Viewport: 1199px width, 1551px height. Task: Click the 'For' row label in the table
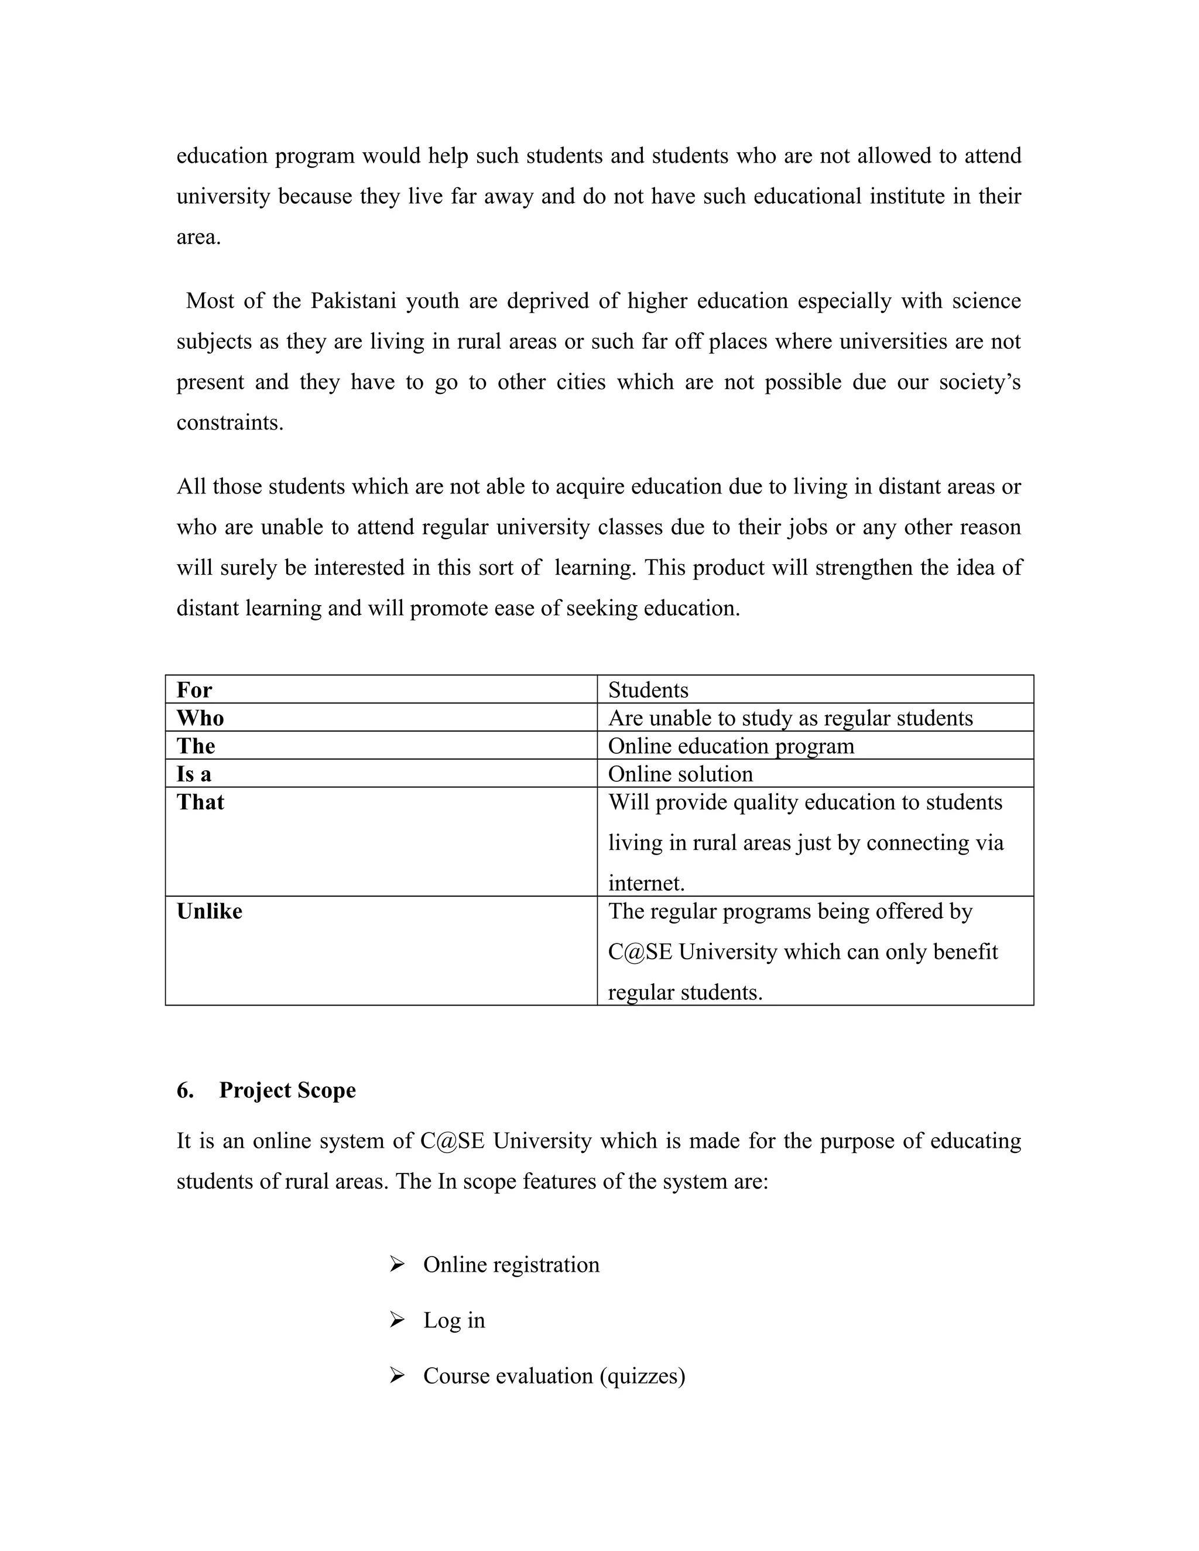coord(194,689)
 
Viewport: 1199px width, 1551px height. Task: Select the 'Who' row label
coord(200,718)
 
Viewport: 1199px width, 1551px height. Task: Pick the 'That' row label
coord(200,802)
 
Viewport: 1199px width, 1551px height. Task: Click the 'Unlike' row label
coord(209,911)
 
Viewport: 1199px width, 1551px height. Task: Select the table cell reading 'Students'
coord(648,690)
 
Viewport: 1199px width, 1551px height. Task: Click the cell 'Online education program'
coord(731,746)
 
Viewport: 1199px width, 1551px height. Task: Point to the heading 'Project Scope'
coord(287,1090)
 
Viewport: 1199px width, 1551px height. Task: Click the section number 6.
coord(184,1090)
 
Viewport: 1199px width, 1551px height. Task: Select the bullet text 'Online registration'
coord(511,1265)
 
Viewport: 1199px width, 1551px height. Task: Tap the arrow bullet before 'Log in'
coord(396,1319)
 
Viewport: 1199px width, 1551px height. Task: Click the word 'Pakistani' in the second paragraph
coord(353,301)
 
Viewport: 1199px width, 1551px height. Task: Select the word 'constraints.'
coord(229,423)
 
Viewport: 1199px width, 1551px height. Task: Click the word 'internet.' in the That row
coord(646,883)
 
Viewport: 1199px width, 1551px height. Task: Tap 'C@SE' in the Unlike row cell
coord(639,952)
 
